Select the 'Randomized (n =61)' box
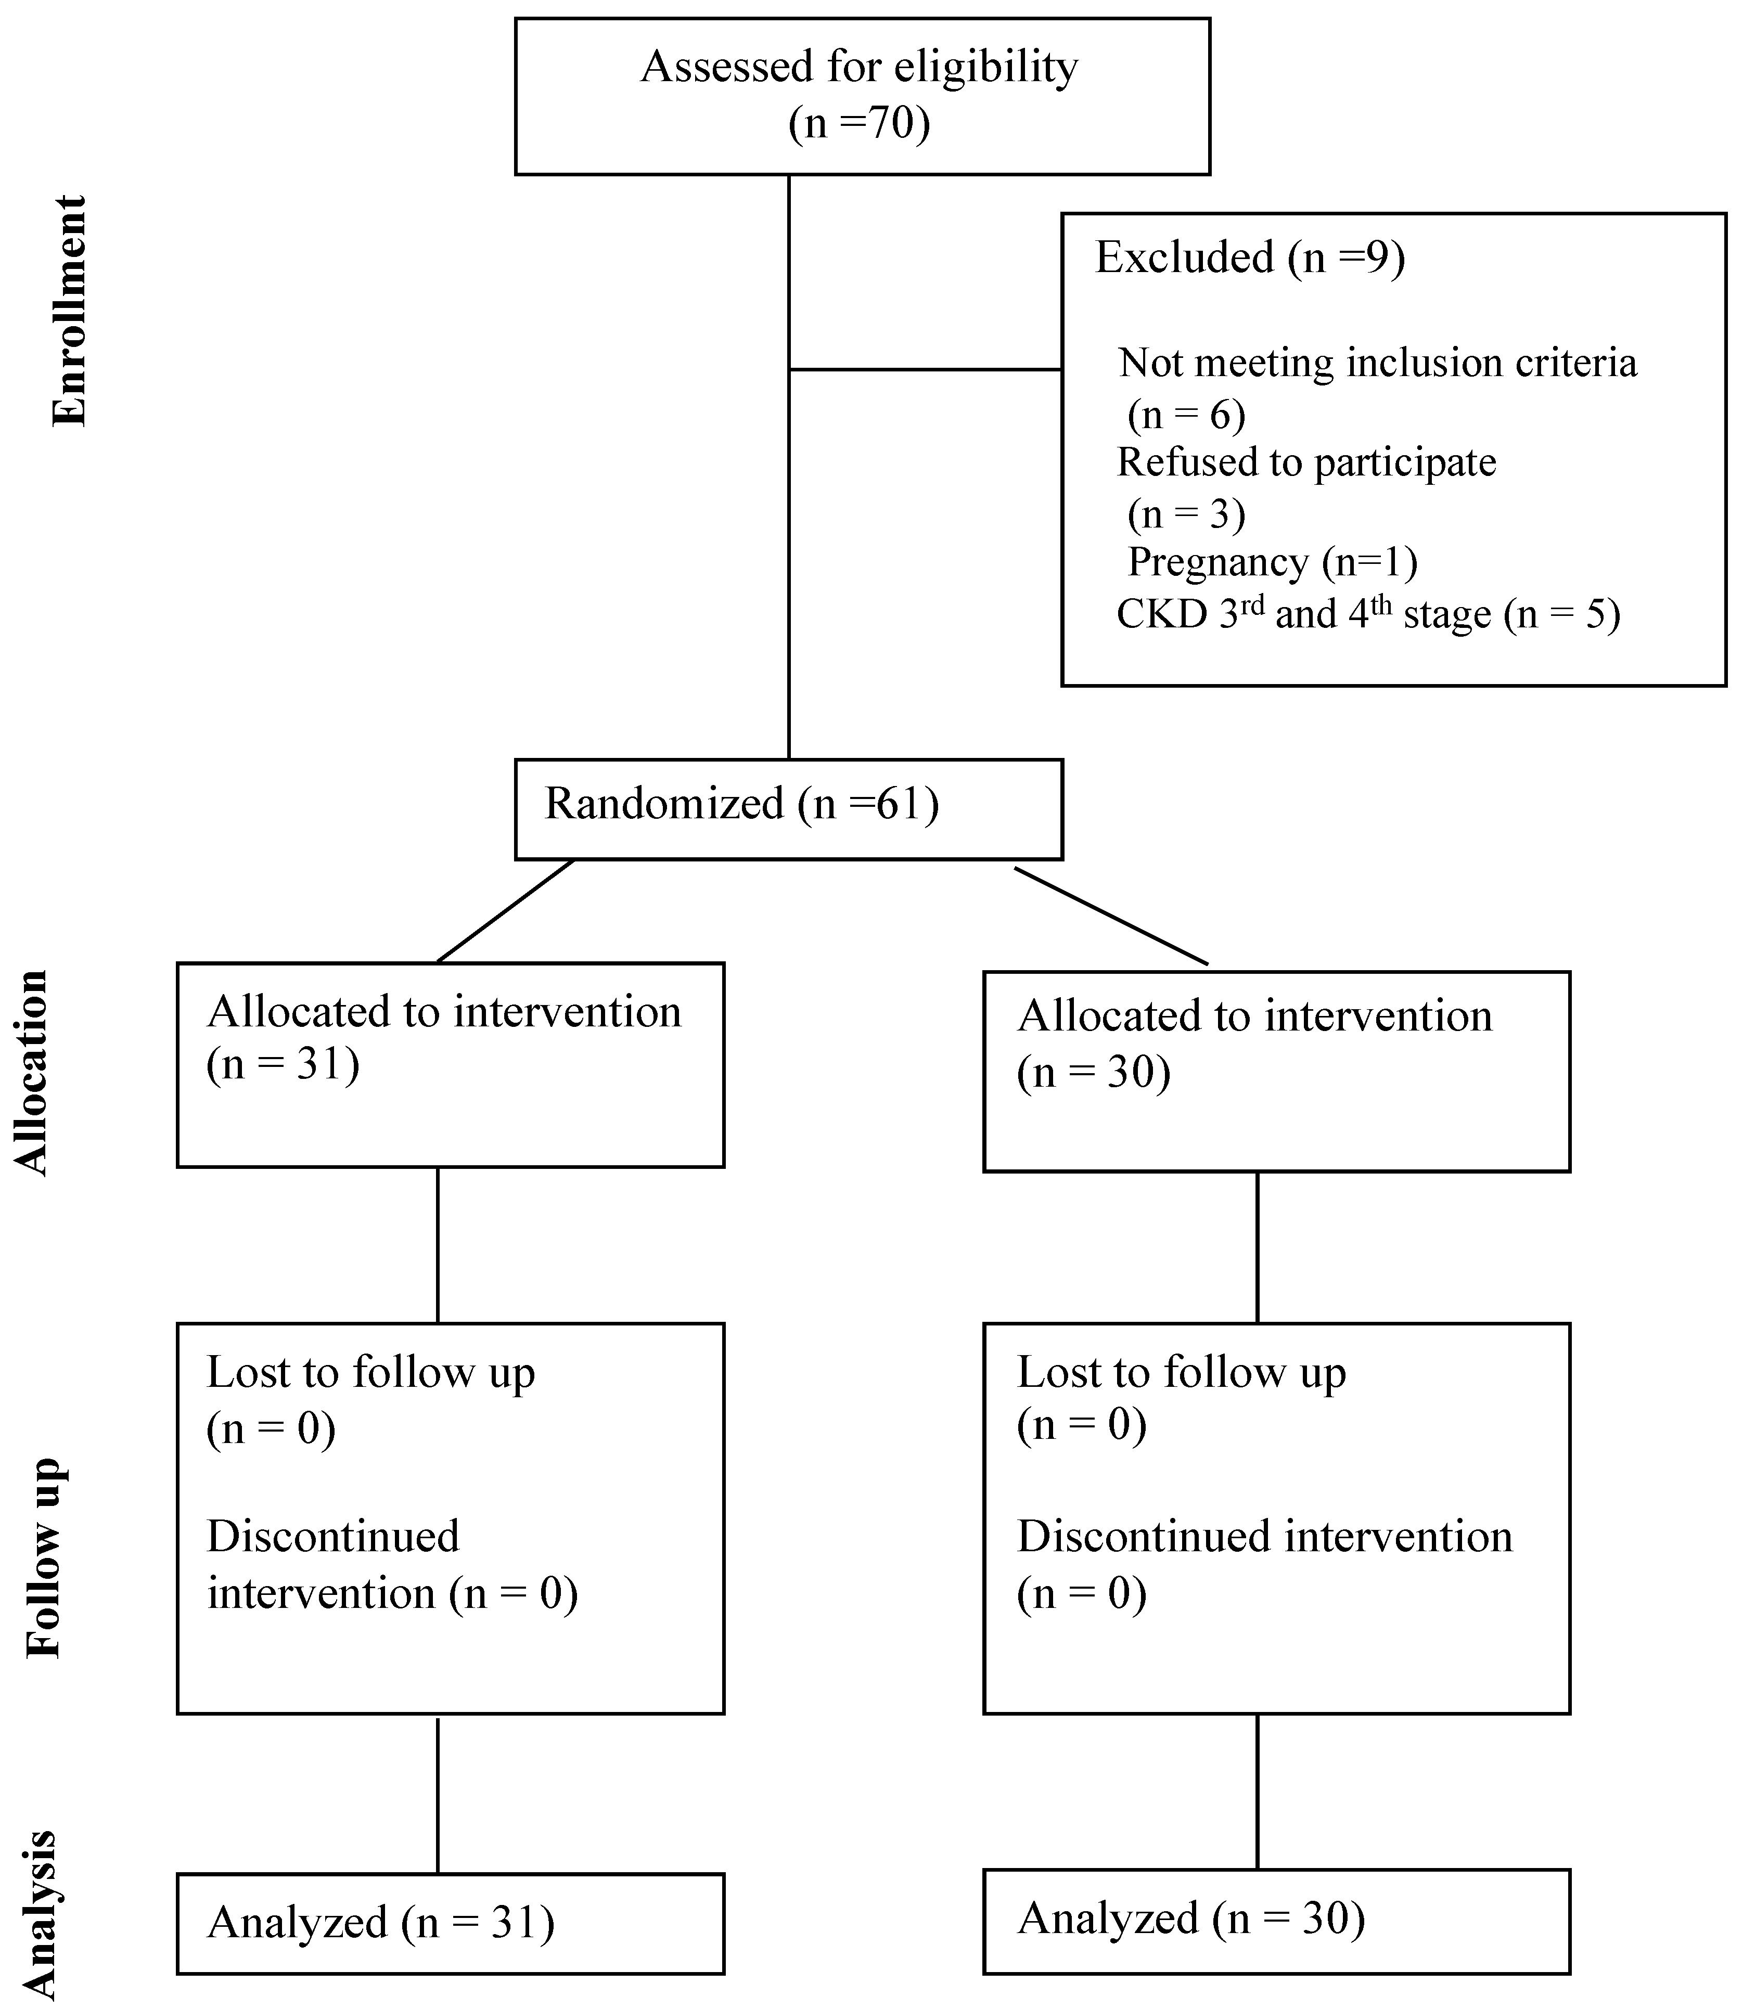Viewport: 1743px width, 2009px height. pyautogui.click(x=788, y=809)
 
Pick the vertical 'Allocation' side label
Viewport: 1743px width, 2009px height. pyautogui.click(x=31, y=1073)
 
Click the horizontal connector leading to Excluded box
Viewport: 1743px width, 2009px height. pyautogui.click(x=924, y=369)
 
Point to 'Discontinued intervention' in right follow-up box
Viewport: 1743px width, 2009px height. pyautogui.click(x=1264, y=1537)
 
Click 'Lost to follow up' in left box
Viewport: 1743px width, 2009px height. pyautogui.click(x=370, y=1373)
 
